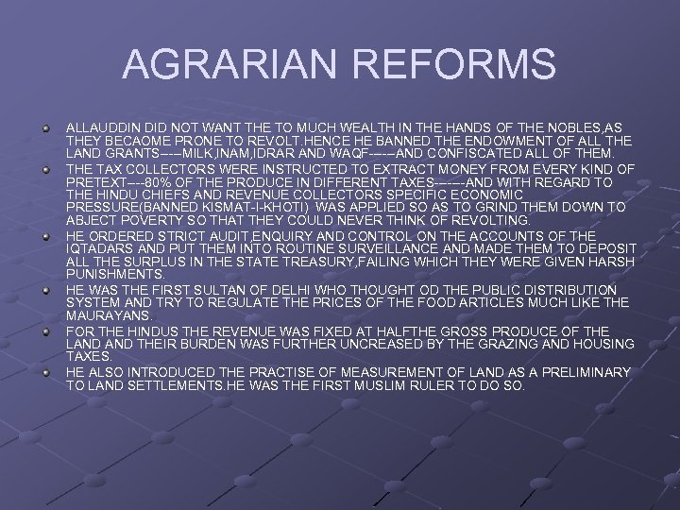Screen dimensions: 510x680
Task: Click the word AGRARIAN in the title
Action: point(224,65)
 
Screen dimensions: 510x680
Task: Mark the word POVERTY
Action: point(145,221)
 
